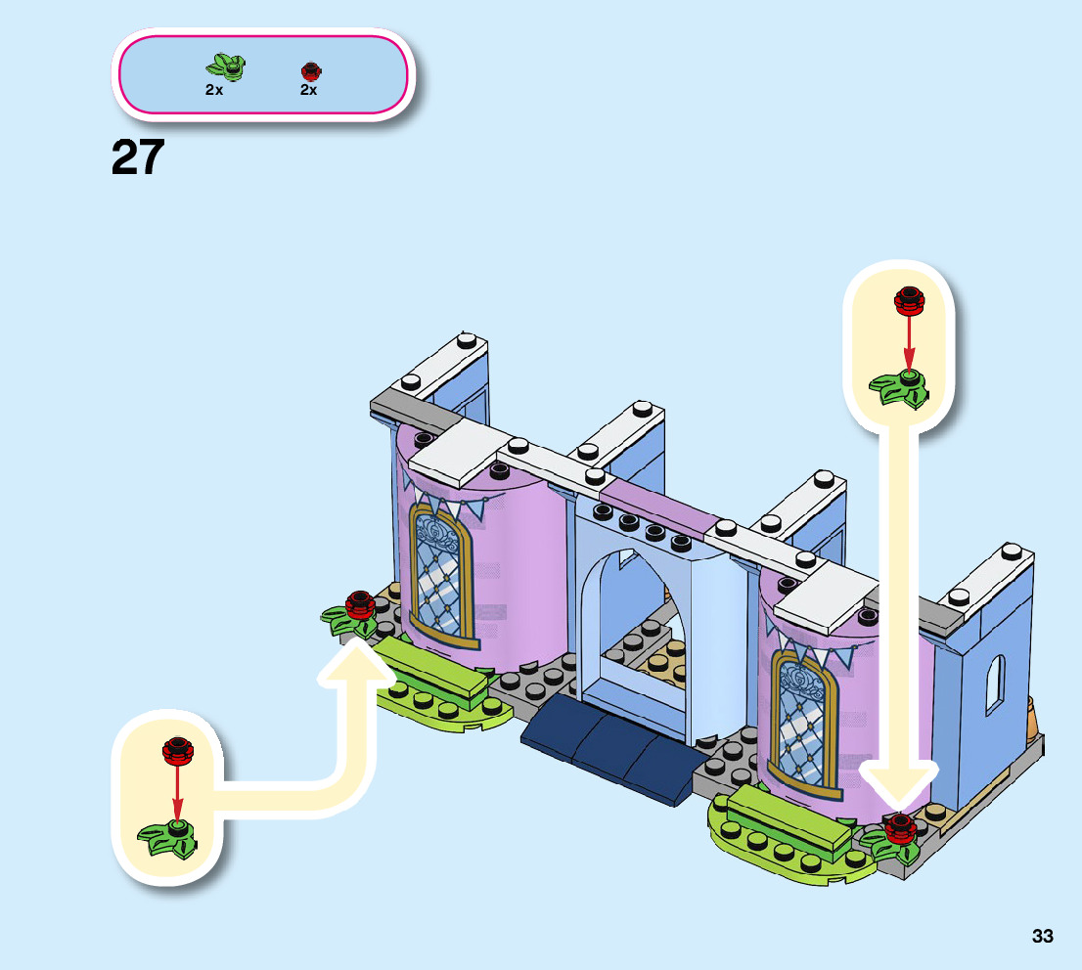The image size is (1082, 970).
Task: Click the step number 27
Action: pos(138,157)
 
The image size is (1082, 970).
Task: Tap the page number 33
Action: pos(1042,936)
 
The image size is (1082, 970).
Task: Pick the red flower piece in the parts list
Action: pos(310,70)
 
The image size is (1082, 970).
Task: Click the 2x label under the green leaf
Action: pos(214,90)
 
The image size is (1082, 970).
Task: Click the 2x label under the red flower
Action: pos(308,90)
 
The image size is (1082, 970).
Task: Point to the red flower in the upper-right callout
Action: pos(908,301)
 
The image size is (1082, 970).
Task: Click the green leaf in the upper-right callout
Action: pos(901,387)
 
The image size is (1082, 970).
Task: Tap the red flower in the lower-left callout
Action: pos(177,750)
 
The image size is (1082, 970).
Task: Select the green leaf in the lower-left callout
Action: pos(170,836)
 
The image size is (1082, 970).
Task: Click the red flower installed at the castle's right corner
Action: pos(898,828)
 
